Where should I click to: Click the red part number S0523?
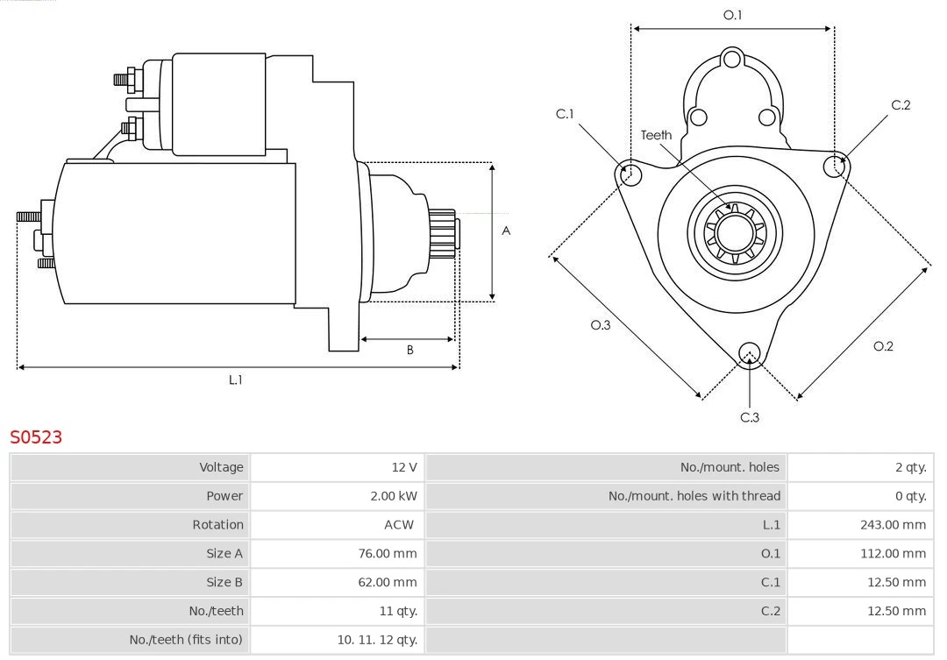pyautogui.click(x=36, y=436)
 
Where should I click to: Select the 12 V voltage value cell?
pyautogui.click(x=403, y=467)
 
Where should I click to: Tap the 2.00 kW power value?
pyautogui.click(x=393, y=496)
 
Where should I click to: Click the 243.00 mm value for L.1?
pyautogui.click(x=893, y=525)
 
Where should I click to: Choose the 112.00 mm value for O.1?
pyautogui.click(x=893, y=554)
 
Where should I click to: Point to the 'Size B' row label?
pyautogui.click(x=224, y=582)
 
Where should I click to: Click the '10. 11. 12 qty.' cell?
pyautogui.click(x=377, y=640)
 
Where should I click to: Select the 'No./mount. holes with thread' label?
pyautogui.click(x=694, y=496)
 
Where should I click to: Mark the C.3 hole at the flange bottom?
pyautogui.click(x=749, y=353)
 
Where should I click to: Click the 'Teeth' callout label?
pyautogui.click(x=656, y=135)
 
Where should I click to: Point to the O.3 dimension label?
pyautogui.click(x=600, y=325)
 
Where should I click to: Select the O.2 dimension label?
pyautogui.click(x=883, y=346)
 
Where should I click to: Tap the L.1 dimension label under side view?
pyautogui.click(x=235, y=380)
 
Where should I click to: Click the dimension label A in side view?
pyautogui.click(x=506, y=231)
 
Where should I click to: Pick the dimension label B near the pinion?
pyautogui.click(x=409, y=350)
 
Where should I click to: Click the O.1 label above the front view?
pyautogui.click(x=732, y=15)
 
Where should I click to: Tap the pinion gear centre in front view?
pyautogui.click(x=735, y=233)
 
